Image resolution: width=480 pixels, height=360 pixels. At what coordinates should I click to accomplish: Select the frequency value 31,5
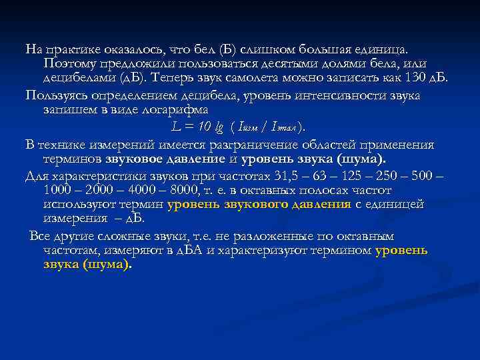pos(288,176)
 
